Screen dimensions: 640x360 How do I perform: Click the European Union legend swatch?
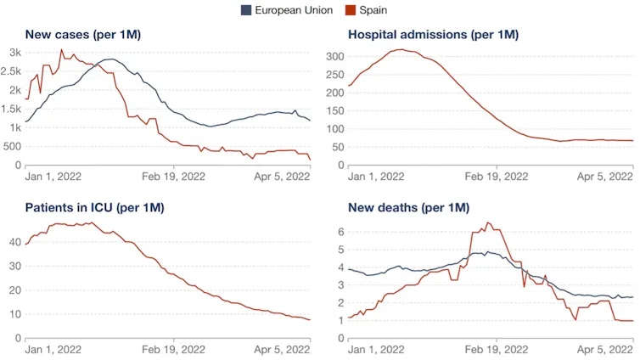click(x=246, y=10)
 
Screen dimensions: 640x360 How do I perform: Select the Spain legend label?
click(x=373, y=10)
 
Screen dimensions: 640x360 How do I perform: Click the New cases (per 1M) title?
click(x=83, y=35)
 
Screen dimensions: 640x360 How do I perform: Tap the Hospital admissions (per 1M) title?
click(x=433, y=35)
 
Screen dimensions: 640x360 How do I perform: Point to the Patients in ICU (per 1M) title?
click(x=95, y=208)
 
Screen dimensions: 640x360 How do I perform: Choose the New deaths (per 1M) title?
click(x=408, y=208)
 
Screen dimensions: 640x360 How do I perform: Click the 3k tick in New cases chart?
click(x=15, y=53)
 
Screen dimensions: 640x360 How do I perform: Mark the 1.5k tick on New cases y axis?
click(x=11, y=109)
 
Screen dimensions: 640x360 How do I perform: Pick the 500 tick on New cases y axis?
click(x=12, y=147)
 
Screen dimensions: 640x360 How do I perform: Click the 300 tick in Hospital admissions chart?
click(x=335, y=57)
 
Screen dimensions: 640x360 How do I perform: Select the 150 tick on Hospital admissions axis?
click(x=335, y=111)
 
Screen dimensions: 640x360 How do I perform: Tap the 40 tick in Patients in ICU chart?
click(x=15, y=242)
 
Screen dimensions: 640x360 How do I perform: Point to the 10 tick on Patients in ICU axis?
click(x=15, y=314)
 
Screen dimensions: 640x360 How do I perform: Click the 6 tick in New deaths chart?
click(x=341, y=232)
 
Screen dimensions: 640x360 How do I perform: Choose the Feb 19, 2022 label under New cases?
click(x=173, y=177)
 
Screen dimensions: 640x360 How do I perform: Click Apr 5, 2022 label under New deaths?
click(x=605, y=350)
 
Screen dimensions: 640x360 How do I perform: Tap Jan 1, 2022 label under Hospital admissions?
click(x=376, y=177)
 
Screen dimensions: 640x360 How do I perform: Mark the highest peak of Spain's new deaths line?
click(x=487, y=222)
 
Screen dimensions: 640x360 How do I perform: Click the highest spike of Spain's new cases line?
click(x=62, y=50)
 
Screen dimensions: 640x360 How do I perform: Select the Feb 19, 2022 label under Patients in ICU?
click(x=173, y=350)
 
